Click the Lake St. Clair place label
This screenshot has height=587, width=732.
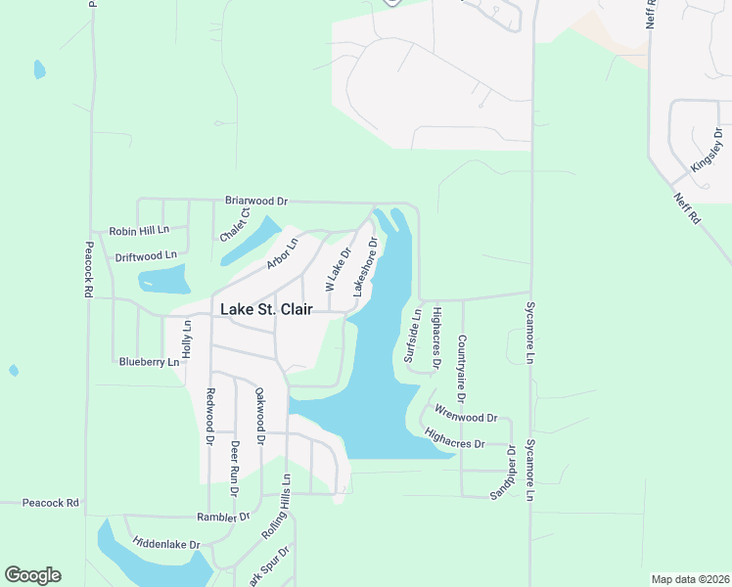point(265,308)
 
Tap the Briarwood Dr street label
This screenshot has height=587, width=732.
point(255,201)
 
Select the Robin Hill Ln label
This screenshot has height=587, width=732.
point(139,231)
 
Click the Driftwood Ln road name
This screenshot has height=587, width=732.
point(146,256)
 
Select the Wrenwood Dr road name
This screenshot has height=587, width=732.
point(466,416)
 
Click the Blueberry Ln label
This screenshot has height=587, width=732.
point(149,361)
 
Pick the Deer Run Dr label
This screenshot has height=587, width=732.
point(234,464)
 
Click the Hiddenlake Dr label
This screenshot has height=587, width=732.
point(166,543)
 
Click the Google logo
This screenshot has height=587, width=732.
point(32,575)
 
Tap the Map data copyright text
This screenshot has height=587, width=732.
point(689,579)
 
